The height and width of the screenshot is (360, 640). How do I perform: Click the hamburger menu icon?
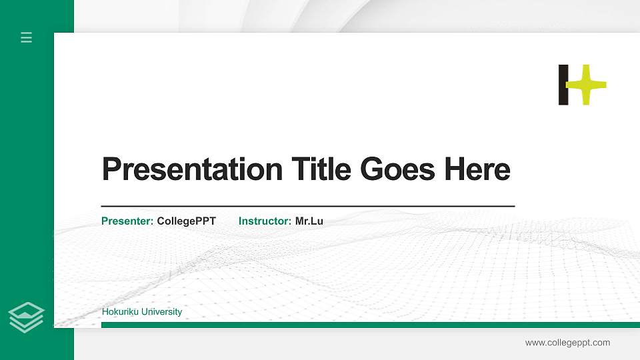tap(27, 37)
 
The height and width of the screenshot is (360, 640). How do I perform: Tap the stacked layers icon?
tap(27, 317)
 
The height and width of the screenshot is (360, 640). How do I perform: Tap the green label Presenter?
tap(127, 221)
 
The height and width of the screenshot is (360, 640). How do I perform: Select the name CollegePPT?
tap(187, 221)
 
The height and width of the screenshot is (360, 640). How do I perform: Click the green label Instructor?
tap(265, 221)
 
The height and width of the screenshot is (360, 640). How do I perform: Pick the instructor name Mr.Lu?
tap(309, 221)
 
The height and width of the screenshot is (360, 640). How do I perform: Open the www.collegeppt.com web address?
tap(567, 343)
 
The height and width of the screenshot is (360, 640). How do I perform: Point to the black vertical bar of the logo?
tap(563, 85)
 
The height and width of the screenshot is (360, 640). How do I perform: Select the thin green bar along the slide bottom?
tap(371, 325)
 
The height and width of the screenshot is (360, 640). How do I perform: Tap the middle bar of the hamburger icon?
tap(27, 37)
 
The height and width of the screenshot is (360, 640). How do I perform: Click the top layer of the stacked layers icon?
tap(27, 310)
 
